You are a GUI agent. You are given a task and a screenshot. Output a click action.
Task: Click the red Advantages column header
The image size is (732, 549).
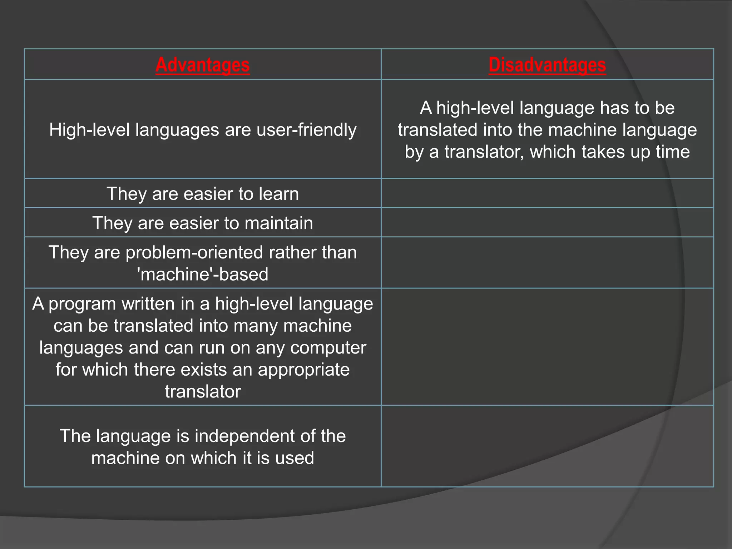pyautogui.click(x=203, y=65)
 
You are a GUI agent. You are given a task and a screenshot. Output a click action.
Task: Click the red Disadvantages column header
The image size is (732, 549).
pyautogui.click(x=547, y=65)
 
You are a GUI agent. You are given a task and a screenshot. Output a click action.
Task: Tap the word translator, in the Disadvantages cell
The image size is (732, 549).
pyautogui.click(x=484, y=152)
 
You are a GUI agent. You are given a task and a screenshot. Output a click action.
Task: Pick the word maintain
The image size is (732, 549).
pyautogui.click(x=279, y=223)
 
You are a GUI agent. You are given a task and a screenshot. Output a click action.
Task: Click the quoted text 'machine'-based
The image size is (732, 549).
pyautogui.click(x=203, y=274)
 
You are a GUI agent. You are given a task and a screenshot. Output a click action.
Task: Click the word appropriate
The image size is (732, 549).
pyautogui.click(x=304, y=370)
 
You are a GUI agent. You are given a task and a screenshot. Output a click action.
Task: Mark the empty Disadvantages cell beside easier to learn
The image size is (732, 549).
pyautogui.click(x=547, y=193)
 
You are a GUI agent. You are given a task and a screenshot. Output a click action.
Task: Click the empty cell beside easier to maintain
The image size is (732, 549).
pyautogui.click(x=547, y=223)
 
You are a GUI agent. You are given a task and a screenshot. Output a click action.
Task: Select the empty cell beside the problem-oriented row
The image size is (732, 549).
pyautogui.click(x=547, y=263)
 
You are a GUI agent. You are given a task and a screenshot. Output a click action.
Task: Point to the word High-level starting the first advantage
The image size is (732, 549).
pyautogui.click(x=89, y=130)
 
